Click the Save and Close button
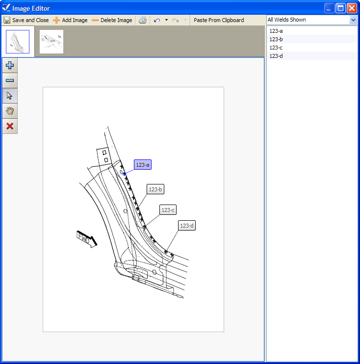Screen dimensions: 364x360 coord(26,20)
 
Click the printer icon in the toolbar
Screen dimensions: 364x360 coord(142,20)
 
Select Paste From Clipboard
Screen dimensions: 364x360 coord(219,20)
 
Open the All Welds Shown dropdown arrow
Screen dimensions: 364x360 coord(353,20)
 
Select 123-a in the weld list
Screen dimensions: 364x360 coord(276,31)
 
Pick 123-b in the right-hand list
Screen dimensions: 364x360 coord(276,39)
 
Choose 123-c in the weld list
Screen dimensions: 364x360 coord(276,48)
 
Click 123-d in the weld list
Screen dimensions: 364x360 coord(276,56)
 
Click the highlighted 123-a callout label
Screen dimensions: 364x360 coord(143,165)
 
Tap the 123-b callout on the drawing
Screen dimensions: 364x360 coord(155,189)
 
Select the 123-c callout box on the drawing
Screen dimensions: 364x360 coord(168,210)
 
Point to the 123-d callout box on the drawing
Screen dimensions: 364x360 coord(187,226)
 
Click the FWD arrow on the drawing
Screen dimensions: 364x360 coord(87,238)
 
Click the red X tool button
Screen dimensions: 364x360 coord(10,127)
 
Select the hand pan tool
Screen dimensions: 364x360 coord(10,111)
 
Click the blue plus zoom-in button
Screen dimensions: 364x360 coord(10,65)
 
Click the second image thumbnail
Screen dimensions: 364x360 coord(51,42)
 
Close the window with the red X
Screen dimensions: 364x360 coord(352,8)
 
